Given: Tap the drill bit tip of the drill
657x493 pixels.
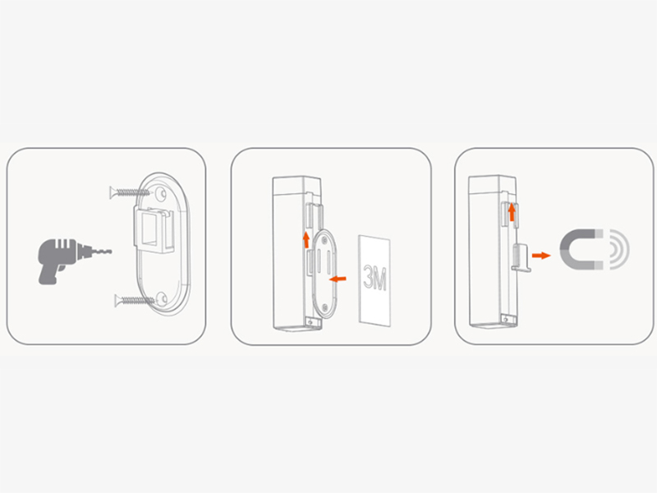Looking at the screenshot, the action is pos(111,251).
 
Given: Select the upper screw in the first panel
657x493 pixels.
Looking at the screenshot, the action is pos(130,193).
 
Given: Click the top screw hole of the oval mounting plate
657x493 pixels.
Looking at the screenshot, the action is pos(160,194).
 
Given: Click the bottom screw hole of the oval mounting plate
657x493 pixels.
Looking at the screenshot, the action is pos(161,298).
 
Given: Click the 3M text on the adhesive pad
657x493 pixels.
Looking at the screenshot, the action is pos(375,278).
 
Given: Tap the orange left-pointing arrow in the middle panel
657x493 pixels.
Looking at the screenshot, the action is pos(338,279).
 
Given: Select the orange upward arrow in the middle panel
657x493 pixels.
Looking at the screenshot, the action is pos(306,239).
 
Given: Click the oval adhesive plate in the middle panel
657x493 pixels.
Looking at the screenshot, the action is pos(324,274).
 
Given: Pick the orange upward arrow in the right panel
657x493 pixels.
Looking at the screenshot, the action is pos(512,212).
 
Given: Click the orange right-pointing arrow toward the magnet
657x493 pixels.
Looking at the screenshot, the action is pos(541,256).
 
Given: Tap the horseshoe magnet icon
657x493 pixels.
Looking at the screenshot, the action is pos(581,249).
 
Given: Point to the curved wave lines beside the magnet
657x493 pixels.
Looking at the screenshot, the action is pos(619,249).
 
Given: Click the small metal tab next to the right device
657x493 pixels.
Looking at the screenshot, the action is pos(521,257).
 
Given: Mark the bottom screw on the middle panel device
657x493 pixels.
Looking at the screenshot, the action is pos(310,322).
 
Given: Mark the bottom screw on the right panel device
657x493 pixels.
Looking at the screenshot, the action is pos(506,320).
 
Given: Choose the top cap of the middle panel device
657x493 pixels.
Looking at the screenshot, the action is pos(296,186).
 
